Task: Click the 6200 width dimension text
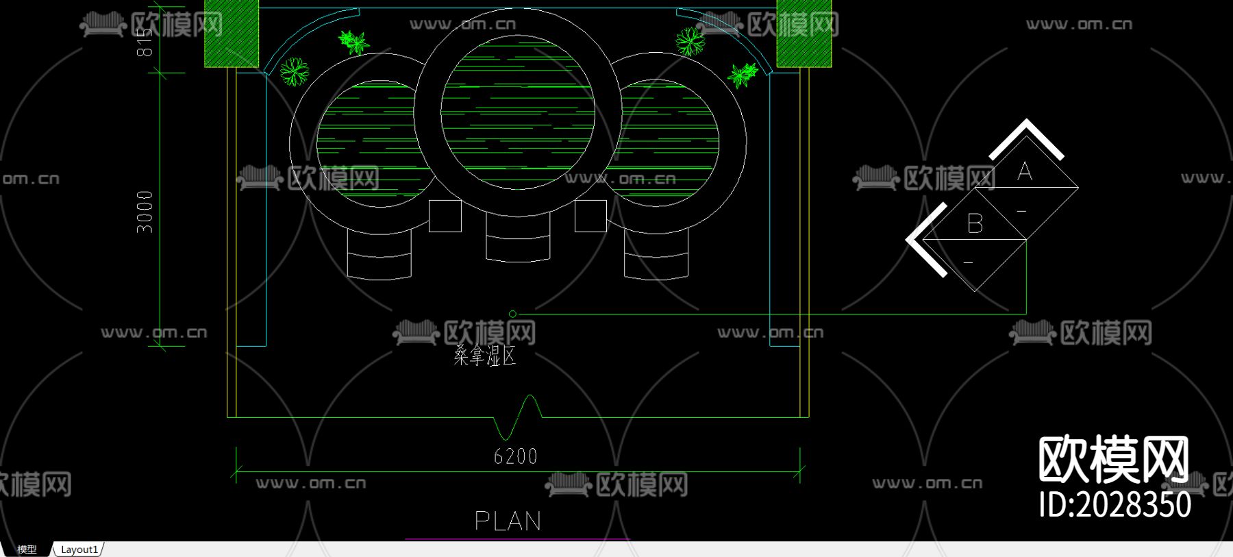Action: tap(515, 456)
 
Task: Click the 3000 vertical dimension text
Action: tap(145, 212)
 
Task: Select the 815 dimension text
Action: tap(145, 42)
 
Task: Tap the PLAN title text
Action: tap(508, 521)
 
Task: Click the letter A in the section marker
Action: tap(1024, 171)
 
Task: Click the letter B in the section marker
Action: tap(975, 224)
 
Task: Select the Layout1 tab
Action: tap(79, 549)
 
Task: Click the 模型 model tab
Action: tap(27, 549)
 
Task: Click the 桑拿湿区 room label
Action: tap(484, 356)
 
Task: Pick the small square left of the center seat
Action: tap(445, 216)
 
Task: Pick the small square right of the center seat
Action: tap(590, 216)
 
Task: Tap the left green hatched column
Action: tap(232, 34)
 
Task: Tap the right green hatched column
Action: tap(804, 34)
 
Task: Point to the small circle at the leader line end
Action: tap(512, 314)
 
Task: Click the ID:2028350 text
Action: tap(1114, 505)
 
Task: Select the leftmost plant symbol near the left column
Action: tap(295, 71)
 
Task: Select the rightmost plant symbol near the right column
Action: tap(743, 74)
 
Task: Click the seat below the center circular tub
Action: tap(518, 237)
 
